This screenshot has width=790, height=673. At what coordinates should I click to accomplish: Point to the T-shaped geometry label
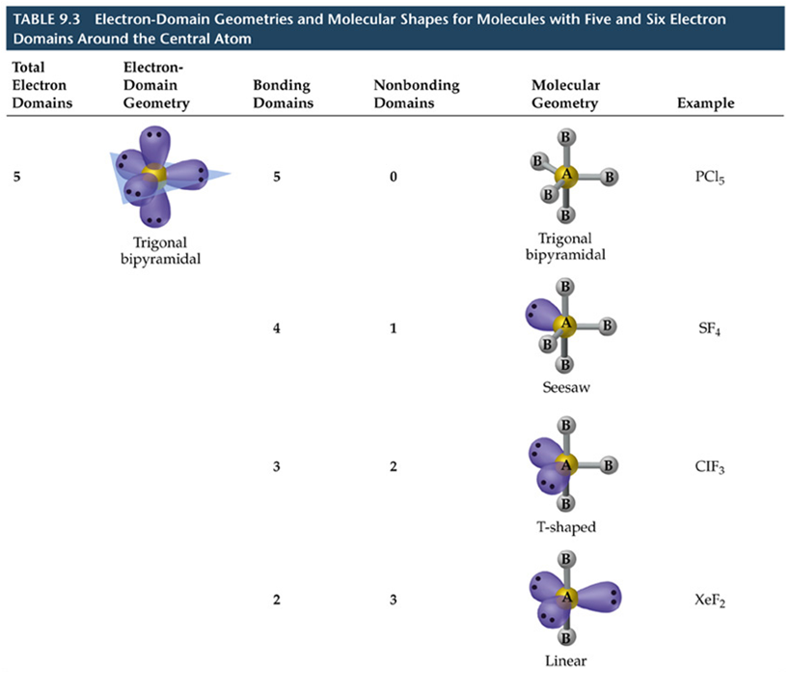point(566,527)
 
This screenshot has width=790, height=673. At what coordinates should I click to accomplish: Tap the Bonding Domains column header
point(282,95)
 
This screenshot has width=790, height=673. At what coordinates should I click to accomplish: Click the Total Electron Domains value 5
point(16,178)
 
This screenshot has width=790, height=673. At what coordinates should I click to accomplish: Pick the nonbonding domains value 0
point(393,178)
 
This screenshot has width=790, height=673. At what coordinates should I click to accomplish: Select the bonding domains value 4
point(277,328)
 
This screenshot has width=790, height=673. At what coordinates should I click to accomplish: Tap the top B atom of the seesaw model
point(565,287)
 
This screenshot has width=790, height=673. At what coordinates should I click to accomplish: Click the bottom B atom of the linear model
point(566,637)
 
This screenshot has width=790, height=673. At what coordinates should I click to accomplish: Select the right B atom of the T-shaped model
point(609,464)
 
